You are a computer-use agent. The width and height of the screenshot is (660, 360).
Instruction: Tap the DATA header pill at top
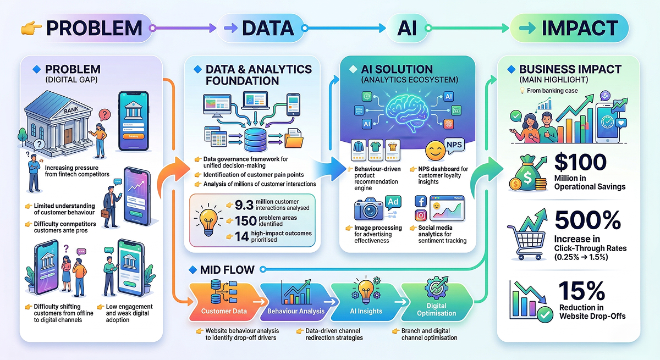tap(261, 27)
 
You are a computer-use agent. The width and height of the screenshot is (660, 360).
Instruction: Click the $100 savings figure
tap(580, 163)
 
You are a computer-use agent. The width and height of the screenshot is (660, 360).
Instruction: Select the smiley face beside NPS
tap(433, 150)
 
